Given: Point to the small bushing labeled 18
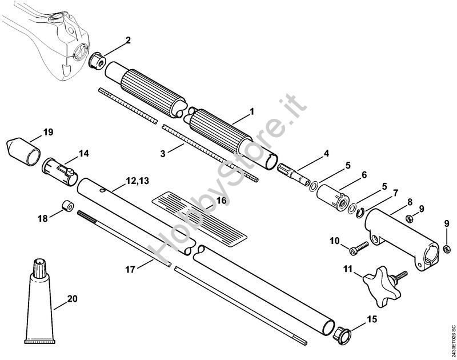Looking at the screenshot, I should tap(67, 205).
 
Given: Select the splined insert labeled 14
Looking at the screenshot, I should tap(57, 171).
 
